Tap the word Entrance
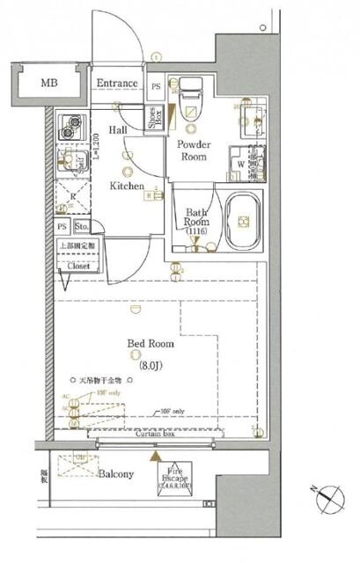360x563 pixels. tap(117, 84)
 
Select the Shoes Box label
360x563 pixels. tap(155, 120)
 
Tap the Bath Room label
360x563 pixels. tap(195, 217)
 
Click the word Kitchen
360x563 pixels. tap(129, 186)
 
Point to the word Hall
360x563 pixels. tap(119, 128)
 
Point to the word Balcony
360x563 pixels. tap(115, 474)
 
